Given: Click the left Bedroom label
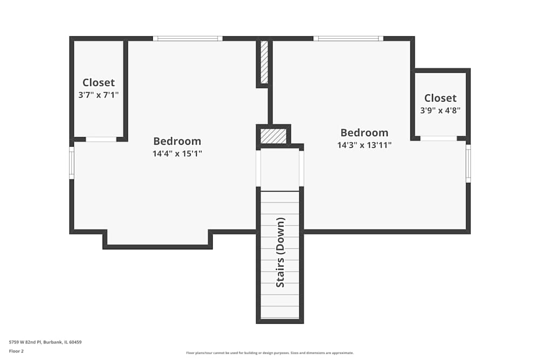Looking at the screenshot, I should (177, 141).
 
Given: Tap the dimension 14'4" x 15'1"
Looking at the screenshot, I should (177, 153).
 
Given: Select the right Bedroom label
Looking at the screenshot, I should (364, 133).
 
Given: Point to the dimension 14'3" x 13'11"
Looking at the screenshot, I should (364, 145).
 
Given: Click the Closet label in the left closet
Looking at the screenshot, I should (98, 83).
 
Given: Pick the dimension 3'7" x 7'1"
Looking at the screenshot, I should (98, 94).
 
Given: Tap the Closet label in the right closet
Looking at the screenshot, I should (440, 98).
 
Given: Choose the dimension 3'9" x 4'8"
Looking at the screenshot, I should (440, 110).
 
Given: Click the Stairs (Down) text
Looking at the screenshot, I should (280, 252).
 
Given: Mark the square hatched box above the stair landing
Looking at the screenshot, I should (273, 135).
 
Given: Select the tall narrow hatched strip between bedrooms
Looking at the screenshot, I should (264, 62).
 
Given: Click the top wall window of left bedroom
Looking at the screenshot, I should (187, 38).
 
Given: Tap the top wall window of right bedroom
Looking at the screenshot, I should (348, 38).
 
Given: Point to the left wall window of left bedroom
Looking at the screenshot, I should (71, 162).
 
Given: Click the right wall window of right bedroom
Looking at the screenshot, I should (468, 163).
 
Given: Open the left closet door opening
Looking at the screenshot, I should (101, 139).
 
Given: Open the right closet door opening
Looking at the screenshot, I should (438, 138).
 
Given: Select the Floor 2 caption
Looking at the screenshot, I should (16, 351).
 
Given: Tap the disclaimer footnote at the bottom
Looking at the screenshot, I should (270, 353).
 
